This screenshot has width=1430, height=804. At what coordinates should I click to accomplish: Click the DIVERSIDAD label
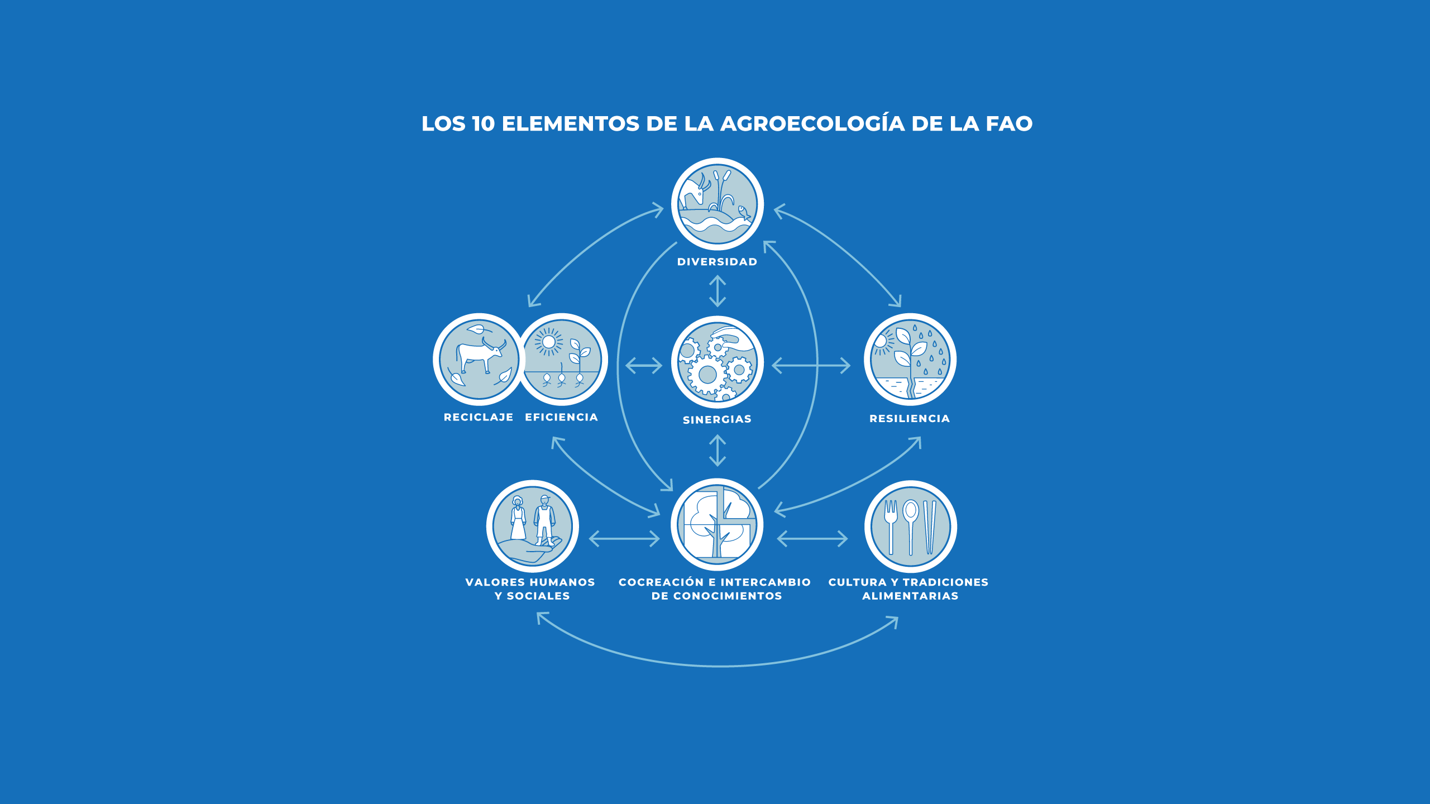click(717, 262)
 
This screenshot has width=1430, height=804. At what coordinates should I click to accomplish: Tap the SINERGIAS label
click(717, 419)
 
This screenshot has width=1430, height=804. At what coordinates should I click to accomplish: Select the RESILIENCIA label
click(910, 419)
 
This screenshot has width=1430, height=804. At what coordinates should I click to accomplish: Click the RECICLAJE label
click(479, 417)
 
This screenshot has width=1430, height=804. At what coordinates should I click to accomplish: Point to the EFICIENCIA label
click(561, 417)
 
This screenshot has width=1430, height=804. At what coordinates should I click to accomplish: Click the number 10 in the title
click(483, 124)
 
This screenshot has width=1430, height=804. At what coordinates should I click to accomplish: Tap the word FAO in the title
click(1009, 124)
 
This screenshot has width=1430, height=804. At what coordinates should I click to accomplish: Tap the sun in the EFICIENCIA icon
click(548, 342)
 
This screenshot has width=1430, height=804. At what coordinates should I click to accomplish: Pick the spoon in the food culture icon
click(910, 525)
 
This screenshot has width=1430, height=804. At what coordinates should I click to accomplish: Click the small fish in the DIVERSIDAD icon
click(743, 212)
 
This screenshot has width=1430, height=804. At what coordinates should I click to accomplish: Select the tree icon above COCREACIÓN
click(717, 524)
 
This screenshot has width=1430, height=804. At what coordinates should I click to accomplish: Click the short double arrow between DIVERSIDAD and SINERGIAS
click(717, 291)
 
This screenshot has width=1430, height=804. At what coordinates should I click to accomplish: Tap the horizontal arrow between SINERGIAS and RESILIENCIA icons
click(811, 366)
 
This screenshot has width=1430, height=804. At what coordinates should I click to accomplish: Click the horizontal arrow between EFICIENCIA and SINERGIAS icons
click(643, 366)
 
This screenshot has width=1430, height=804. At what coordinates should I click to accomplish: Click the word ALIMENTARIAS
click(910, 596)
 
